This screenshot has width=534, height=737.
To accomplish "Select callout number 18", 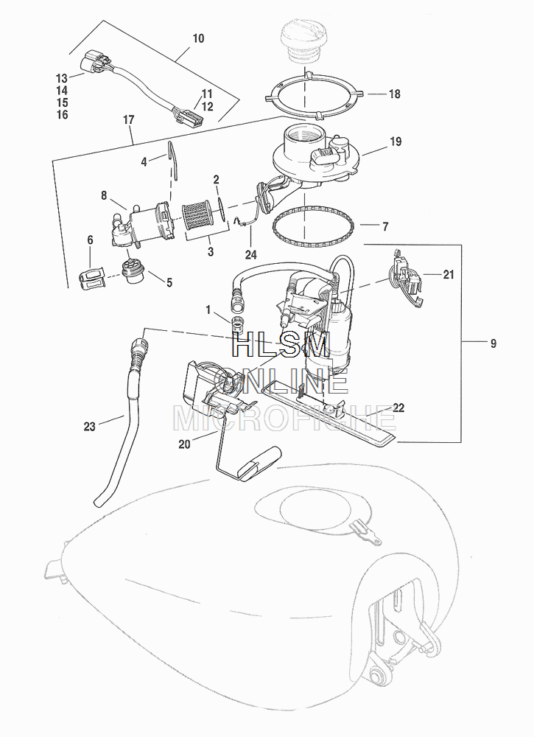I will [394, 94].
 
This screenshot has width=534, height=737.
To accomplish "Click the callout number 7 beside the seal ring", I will [384, 226].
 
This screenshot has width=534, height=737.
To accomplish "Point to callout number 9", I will [493, 343].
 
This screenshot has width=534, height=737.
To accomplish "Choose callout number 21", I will [449, 274].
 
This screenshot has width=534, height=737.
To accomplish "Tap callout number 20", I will [184, 444].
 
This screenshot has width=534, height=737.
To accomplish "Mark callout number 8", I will [104, 195].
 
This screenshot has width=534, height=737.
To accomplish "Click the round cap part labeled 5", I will [134, 272].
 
